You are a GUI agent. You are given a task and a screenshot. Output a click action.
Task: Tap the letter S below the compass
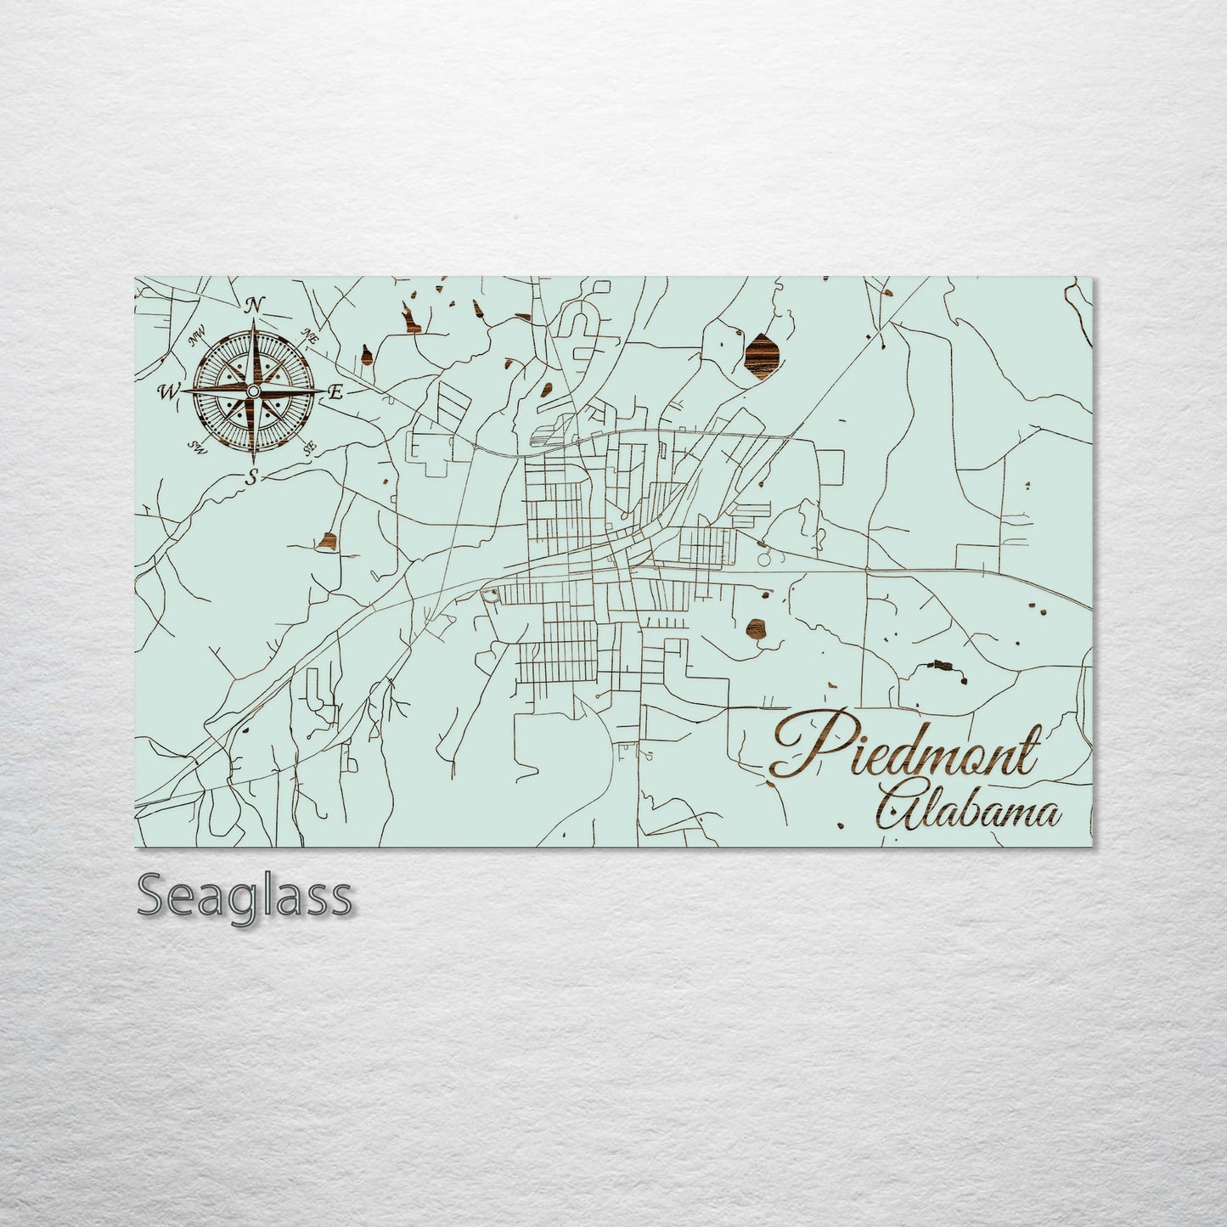coord(251,476)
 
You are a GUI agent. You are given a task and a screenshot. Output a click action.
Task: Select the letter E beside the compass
coord(335,392)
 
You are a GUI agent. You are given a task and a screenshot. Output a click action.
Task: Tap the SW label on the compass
coord(198,447)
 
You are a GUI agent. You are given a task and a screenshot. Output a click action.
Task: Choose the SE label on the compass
coord(309,445)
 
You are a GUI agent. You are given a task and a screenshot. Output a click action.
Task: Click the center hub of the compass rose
coord(252,391)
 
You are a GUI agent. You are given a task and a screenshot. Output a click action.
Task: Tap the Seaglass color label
coord(245,896)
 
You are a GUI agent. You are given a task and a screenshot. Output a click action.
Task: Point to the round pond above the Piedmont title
coord(754,628)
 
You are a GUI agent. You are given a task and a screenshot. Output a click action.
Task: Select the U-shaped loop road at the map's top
coord(584,327)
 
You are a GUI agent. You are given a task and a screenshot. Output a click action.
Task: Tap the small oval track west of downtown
coord(489,597)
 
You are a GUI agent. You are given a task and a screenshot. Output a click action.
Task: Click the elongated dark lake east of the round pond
coord(940,665)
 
